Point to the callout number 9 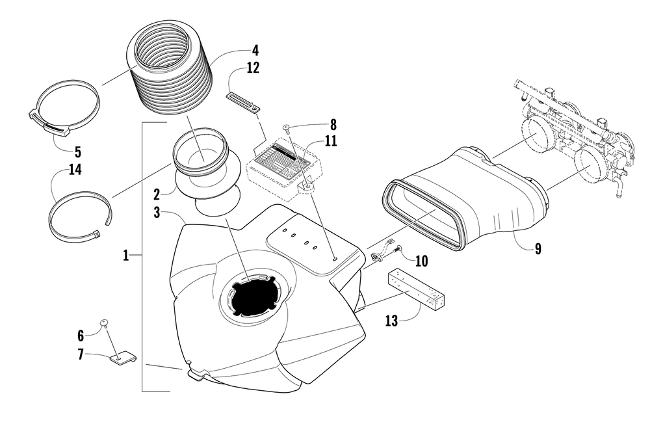[538, 248]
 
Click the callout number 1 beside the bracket [126, 256]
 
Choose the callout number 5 [77, 153]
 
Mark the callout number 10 [421, 261]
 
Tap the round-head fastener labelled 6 [103, 323]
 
